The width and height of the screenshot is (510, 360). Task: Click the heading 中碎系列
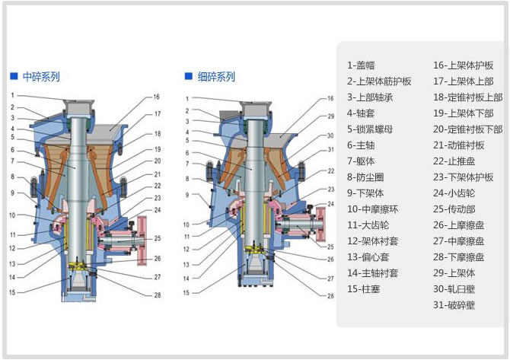point(41,77)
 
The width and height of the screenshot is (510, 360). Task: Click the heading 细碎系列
point(217,77)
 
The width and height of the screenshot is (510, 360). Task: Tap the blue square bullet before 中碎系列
point(14,77)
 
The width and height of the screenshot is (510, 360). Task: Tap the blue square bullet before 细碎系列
point(189,77)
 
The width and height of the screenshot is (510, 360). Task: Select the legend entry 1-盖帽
point(362,65)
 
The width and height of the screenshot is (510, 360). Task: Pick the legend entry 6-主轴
point(362,145)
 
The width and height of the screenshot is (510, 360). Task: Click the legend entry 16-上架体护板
point(464,65)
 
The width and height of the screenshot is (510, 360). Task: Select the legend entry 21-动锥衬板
point(458,145)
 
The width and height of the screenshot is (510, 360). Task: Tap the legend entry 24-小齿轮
point(453,193)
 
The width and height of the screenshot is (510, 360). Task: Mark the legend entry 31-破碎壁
point(454,305)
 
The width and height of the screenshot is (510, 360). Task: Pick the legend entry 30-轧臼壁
point(454,289)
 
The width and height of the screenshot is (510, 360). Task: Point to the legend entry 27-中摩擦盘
point(458,241)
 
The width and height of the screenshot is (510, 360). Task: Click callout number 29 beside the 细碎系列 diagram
point(331,116)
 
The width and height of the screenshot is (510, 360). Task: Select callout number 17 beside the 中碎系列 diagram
point(157,114)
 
